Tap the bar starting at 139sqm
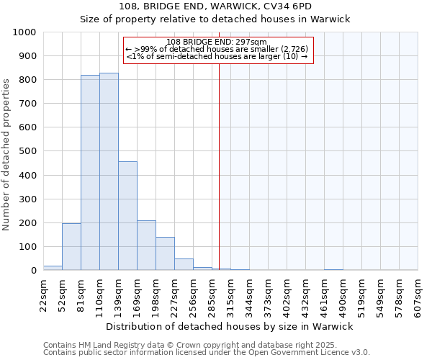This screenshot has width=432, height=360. [127, 216]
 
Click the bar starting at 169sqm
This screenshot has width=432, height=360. [146, 246]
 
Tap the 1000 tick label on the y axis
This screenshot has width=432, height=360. [24, 32]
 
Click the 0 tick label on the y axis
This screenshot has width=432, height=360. [34, 271]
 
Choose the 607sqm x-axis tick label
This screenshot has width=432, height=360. [418, 295]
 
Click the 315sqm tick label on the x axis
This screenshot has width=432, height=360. [230, 295]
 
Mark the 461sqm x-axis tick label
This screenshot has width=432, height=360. [324, 295]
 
